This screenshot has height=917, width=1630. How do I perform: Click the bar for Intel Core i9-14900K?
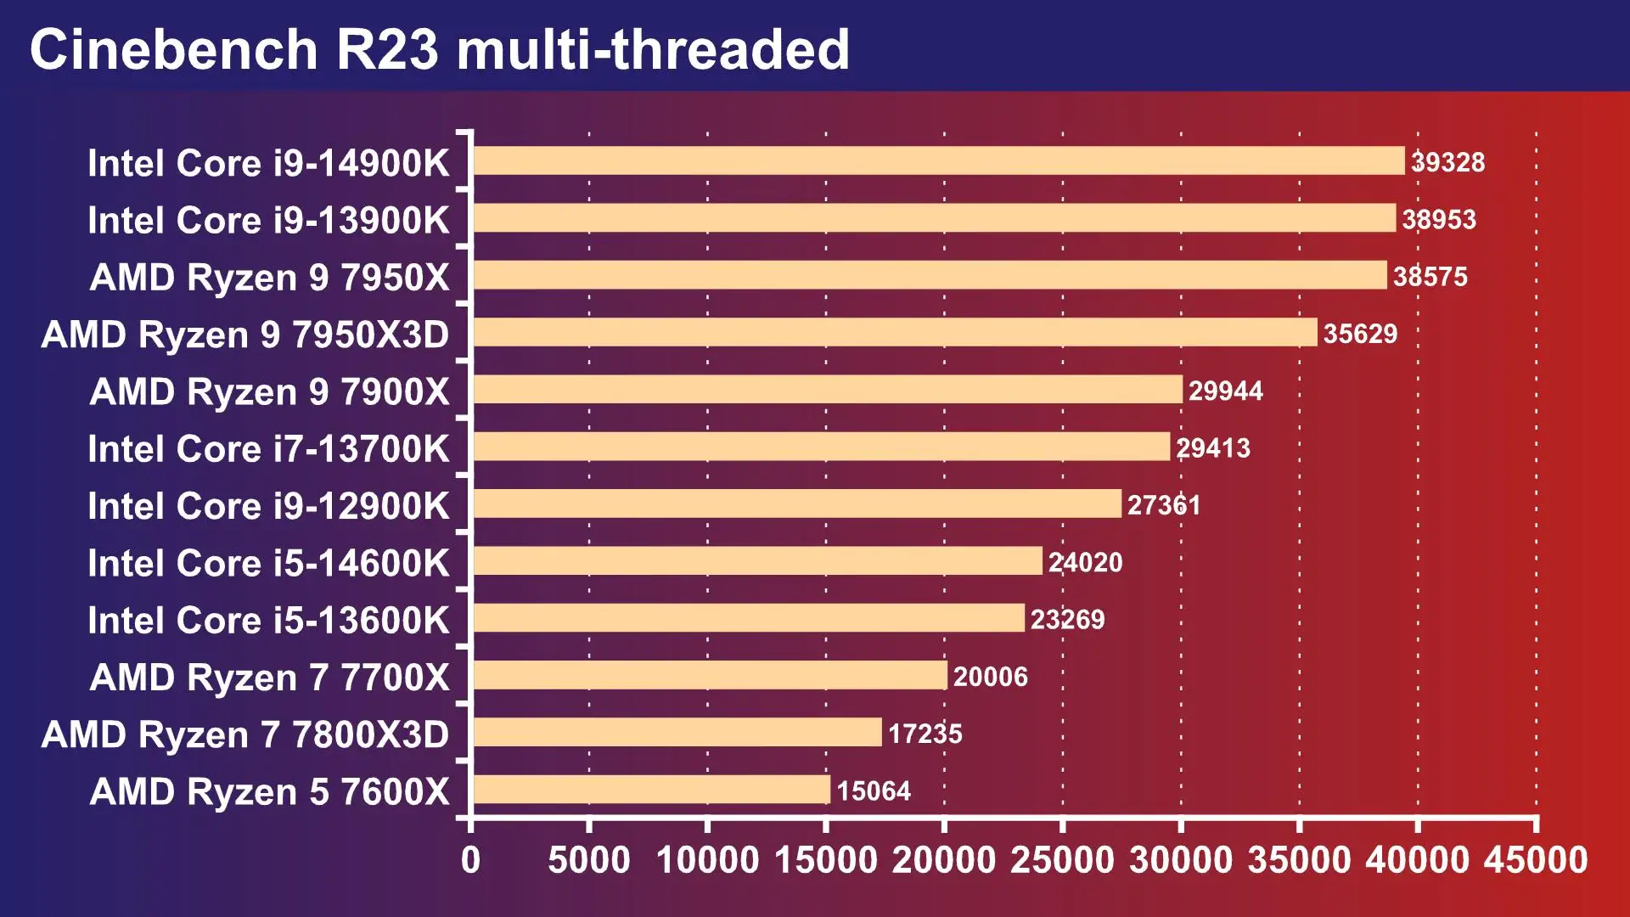[938, 161]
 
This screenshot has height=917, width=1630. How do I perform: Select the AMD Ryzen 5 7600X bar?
[651, 790]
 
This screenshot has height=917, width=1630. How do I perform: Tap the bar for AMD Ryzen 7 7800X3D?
[677, 733]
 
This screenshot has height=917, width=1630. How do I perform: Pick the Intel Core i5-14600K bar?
[757, 561]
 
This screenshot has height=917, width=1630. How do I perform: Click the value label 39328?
[1447, 162]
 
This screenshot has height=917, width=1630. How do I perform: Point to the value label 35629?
[1360, 334]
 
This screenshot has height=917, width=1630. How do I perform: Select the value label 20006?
[990, 677]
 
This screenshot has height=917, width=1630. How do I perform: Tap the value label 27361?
[1163, 505]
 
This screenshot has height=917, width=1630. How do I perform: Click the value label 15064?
[873, 790]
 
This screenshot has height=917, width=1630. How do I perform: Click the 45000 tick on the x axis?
[1536, 860]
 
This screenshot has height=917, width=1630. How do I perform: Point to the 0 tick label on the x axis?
[470, 860]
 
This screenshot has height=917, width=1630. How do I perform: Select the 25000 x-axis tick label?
[1062, 860]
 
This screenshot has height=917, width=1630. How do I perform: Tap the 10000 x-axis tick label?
[707, 860]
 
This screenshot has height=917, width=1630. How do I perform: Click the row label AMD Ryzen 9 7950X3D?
[244, 335]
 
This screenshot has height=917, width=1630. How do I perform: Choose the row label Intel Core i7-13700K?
[268, 448]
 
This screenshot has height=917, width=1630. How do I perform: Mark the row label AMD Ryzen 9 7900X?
[269, 391]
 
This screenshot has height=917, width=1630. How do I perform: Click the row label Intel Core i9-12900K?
[268, 506]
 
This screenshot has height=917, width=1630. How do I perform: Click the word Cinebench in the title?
[173, 49]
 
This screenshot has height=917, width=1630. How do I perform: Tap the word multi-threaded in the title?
[653, 49]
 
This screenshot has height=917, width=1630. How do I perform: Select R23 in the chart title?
[387, 49]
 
